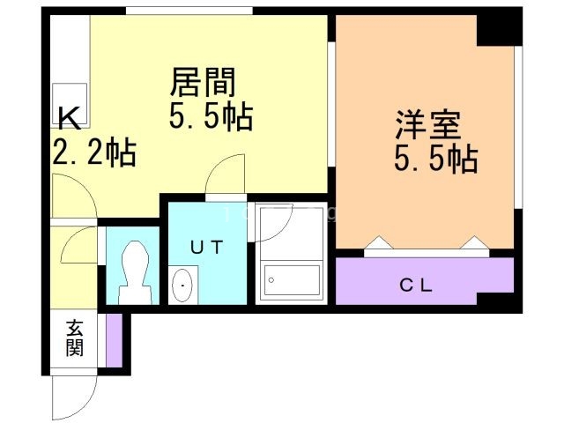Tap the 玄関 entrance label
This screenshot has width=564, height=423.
click(73, 338)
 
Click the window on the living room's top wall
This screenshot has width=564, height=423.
click(189, 11)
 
